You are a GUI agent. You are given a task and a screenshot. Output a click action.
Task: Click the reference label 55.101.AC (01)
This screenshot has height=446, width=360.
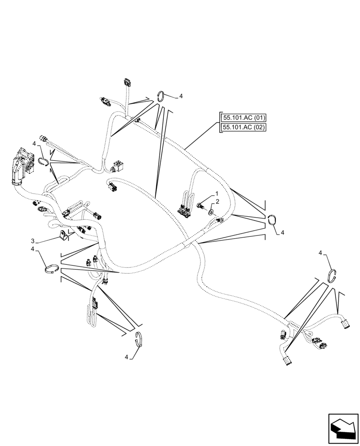click(x=244, y=118)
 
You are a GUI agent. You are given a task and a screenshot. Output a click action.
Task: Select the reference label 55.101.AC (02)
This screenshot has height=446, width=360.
click(x=244, y=128)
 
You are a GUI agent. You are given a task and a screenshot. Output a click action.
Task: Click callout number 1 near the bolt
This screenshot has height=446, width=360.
click(x=217, y=194)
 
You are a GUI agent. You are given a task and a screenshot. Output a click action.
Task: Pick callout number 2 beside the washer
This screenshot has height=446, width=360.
click(x=217, y=202)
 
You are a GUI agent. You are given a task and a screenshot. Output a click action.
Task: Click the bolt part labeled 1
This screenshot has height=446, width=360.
click(x=200, y=205)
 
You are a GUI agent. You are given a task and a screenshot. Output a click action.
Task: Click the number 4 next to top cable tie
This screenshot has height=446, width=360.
click(x=181, y=96)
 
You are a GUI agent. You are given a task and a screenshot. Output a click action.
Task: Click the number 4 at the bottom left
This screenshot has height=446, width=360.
click(x=127, y=357)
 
